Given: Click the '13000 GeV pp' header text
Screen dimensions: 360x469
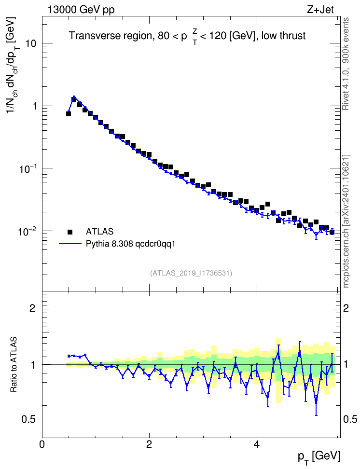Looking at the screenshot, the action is coord(81,10).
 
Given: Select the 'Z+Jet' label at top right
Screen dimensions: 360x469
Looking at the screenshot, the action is coord(320,10).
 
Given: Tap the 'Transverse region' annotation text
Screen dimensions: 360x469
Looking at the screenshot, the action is coord(111,36).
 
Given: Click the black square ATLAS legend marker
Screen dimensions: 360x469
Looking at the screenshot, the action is coord(70,232).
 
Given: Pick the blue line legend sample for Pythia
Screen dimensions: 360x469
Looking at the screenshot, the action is coord(70,244).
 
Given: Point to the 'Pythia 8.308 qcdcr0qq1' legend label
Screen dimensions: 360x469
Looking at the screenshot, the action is coord(130,244).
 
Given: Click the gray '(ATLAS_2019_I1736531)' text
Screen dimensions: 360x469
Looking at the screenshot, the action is coord(191,273).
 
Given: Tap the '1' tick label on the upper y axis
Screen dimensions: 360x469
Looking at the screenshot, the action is coord(33,106).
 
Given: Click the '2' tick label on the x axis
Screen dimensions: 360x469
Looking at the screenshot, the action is coord(149,444).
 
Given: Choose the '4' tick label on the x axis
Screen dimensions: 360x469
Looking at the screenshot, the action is coord(256,444).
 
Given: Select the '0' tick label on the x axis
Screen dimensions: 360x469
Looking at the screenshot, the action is coord(42,444).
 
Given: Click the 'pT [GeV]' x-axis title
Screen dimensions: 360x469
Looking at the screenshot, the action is coord(319,457).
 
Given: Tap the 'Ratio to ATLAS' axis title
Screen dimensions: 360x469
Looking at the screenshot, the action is coord(14,365).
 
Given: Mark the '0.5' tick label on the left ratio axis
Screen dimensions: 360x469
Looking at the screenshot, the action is coord(29,420).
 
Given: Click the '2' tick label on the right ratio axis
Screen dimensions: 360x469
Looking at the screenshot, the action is coord(346,308).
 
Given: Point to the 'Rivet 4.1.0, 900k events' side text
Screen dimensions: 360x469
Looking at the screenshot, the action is coord(346,64).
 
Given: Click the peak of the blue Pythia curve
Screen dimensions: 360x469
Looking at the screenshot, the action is coord(74,97).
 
